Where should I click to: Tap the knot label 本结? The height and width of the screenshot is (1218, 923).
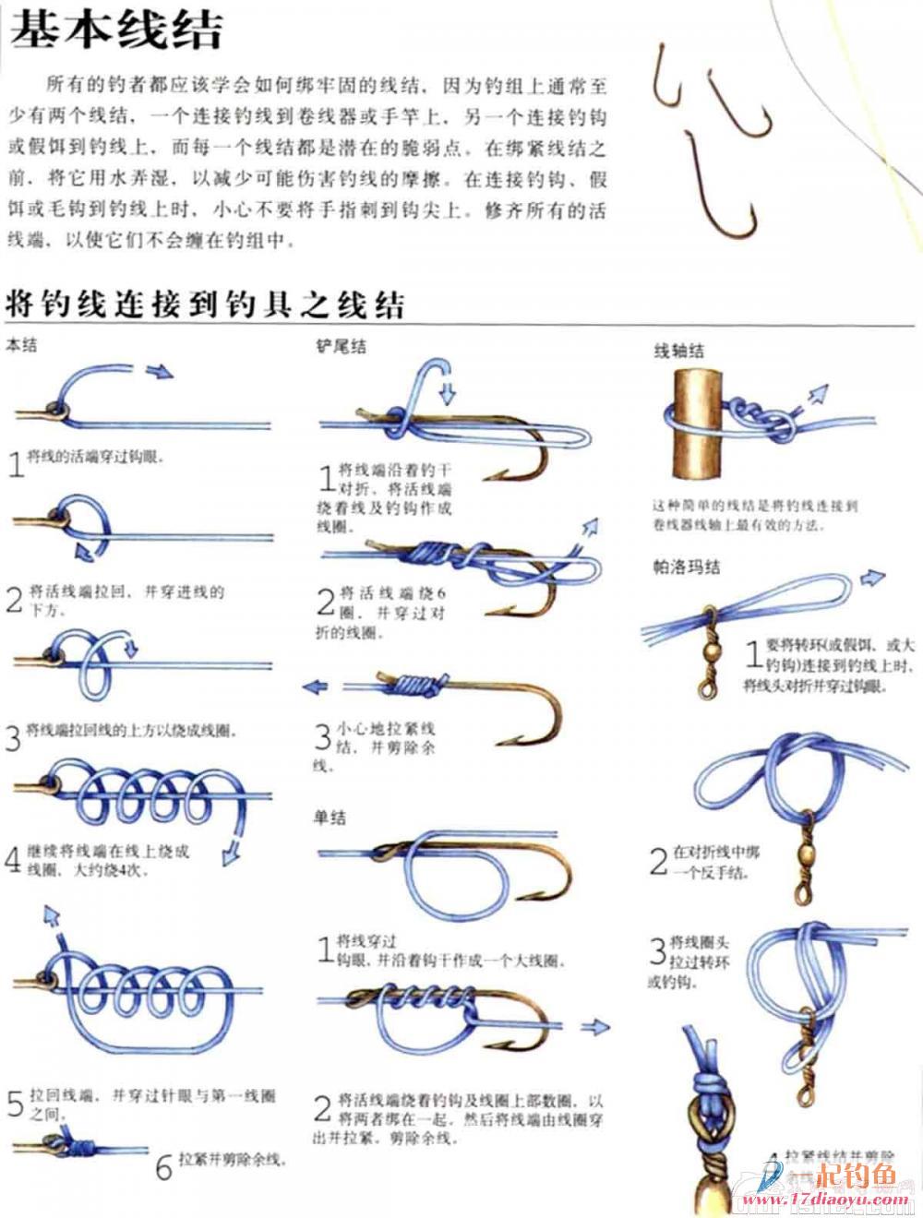[x=21, y=346]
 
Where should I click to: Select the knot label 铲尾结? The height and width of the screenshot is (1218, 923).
[x=341, y=346]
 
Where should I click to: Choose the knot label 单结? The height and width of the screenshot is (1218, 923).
[x=330, y=817]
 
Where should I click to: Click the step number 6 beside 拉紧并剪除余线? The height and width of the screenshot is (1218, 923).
[x=163, y=1167]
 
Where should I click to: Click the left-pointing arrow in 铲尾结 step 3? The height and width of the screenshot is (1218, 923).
[x=316, y=687]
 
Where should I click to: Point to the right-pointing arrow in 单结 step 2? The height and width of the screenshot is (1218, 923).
[x=595, y=1026]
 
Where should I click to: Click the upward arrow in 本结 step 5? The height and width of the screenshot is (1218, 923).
[x=51, y=915]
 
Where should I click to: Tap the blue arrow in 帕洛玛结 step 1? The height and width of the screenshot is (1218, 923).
[x=871, y=579]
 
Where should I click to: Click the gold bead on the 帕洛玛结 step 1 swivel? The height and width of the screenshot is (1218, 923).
[x=712, y=651]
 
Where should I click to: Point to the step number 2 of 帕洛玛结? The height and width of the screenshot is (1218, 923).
[x=658, y=861]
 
